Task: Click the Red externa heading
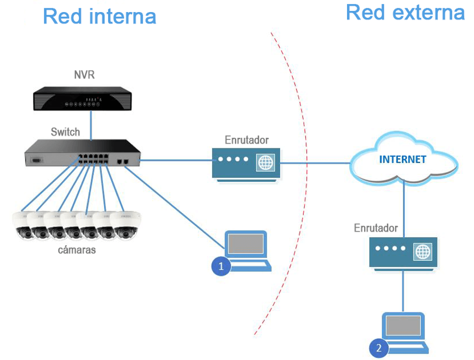point(405,12)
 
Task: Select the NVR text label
point(84,75)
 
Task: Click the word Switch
point(65,132)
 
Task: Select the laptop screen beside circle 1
point(246,244)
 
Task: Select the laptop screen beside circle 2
point(404,327)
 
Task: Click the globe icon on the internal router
point(264,163)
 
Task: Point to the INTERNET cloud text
point(402,160)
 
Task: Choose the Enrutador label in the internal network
point(247,140)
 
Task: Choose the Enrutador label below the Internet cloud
point(376,228)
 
